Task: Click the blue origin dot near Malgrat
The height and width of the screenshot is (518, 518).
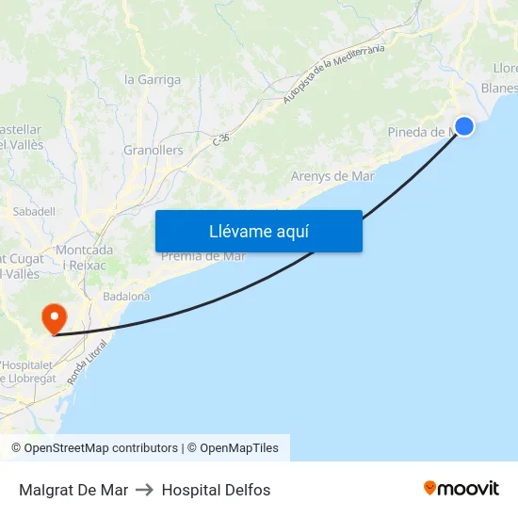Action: click(x=464, y=126)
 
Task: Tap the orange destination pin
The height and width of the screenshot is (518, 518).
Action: click(x=55, y=316)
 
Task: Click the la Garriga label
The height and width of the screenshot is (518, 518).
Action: click(x=153, y=80)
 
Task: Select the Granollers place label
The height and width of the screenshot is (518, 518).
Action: click(x=154, y=150)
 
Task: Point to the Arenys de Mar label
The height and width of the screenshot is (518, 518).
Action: click(x=332, y=176)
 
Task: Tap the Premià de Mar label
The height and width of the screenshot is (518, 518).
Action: click(x=203, y=256)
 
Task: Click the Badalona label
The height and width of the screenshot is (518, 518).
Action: click(x=126, y=296)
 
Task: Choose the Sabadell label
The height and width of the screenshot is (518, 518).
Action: click(x=35, y=212)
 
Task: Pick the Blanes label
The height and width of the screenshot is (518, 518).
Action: click(x=498, y=88)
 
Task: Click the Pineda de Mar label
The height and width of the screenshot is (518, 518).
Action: click(x=422, y=133)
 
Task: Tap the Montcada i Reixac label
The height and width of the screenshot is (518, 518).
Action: click(x=85, y=257)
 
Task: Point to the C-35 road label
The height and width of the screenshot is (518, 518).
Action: click(x=221, y=139)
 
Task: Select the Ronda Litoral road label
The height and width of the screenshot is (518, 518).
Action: click(x=87, y=362)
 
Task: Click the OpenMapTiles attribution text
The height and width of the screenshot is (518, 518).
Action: click(x=239, y=448)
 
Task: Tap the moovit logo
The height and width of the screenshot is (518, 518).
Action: click(x=461, y=489)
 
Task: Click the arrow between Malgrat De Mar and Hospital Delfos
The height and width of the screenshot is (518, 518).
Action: click(x=145, y=490)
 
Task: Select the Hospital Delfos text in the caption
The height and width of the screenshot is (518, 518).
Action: click(x=216, y=490)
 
